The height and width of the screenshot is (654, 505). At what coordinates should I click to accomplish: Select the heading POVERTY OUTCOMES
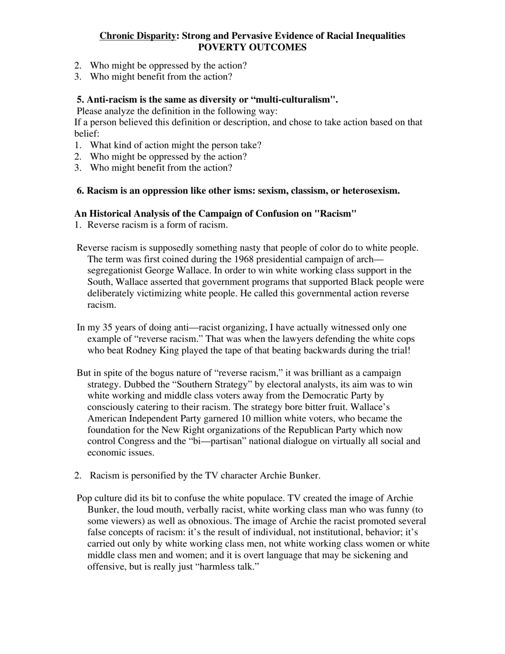point(252,47)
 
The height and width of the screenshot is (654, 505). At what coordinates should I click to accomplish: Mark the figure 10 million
point(262,418)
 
